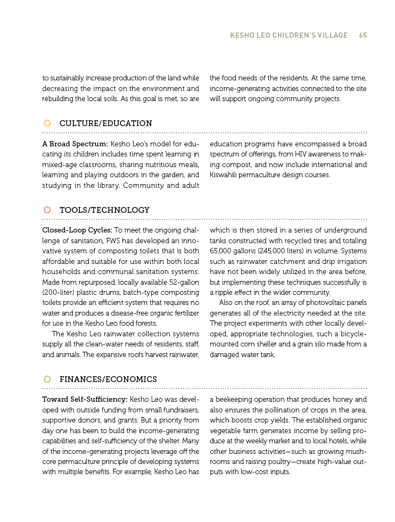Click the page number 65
click(363, 36)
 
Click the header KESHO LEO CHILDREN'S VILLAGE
click(289, 36)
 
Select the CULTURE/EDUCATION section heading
click(105, 123)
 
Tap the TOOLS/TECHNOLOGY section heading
click(104, 210)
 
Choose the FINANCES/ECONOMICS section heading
click(108, 379)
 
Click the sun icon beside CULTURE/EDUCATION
click(47, 123)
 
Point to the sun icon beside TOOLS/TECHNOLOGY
click(47, 210)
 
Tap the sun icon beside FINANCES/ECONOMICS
click(47, 379)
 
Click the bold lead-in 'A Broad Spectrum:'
click(75, 144)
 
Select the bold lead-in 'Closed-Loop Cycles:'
click(77, 230)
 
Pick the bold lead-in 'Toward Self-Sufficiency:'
click(85, 400)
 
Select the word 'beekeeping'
click(233, 400)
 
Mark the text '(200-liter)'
click(58, 292)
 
